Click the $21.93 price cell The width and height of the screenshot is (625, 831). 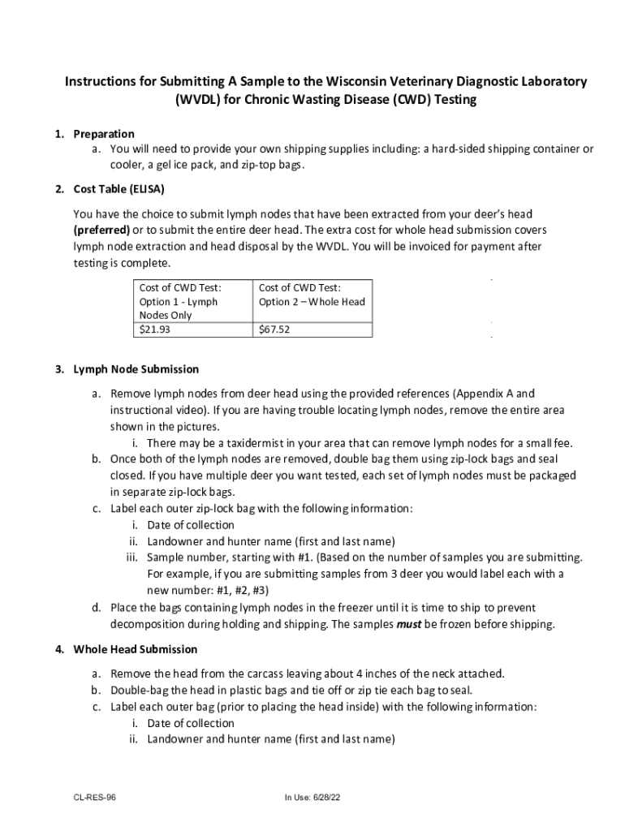[x=155, y=329]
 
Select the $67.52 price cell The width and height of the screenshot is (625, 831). [x=274, y=329]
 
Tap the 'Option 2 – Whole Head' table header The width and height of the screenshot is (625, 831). [x=312, y=295]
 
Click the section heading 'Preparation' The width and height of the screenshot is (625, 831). [x=104, y=134]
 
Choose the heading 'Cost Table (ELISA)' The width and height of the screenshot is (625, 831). [x=119, y=190]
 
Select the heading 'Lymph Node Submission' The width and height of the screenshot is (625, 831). [x=136, y=369]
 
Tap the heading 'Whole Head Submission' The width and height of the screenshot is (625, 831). [x=135, y=649]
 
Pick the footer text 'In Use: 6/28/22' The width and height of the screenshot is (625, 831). [x=312, y=798]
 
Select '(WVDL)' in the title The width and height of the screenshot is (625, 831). [x=204, y=101]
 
